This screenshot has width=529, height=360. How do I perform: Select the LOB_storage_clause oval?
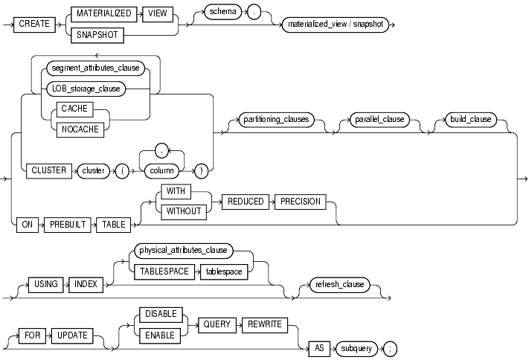(x=86, y=90)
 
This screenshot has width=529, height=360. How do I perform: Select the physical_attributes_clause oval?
(x=182, y=251)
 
